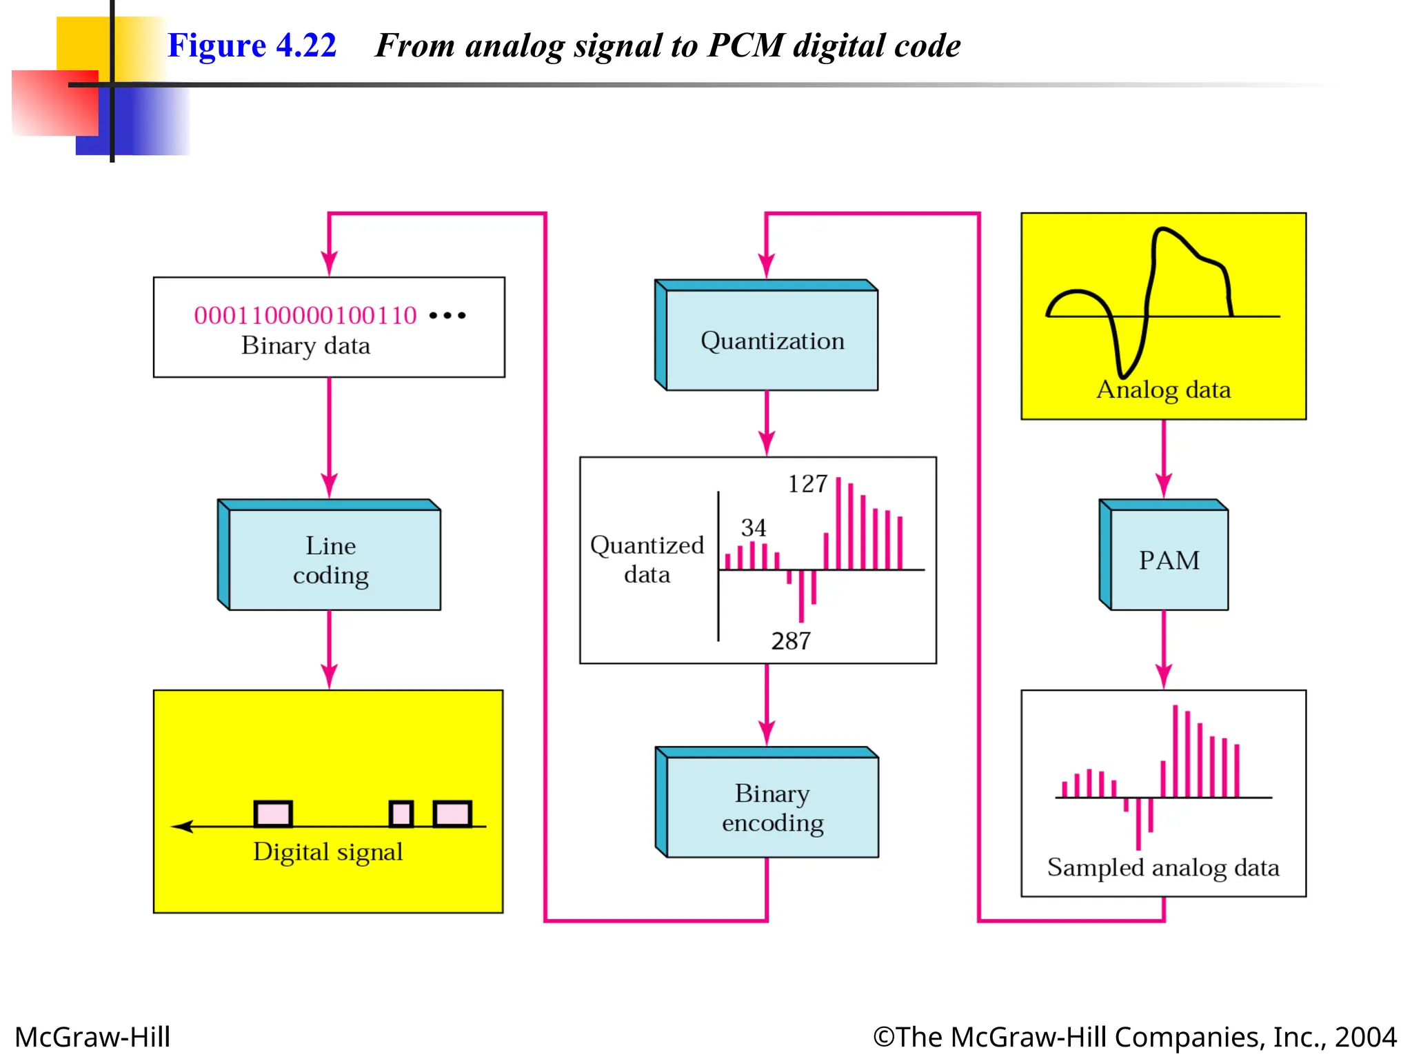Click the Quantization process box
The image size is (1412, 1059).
(771, 340)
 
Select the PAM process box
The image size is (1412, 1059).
(1169, 559)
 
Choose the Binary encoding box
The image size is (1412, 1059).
(771, 807)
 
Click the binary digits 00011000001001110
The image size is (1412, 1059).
(305, 315)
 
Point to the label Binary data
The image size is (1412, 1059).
(305, 345)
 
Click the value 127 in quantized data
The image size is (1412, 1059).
(807, 483)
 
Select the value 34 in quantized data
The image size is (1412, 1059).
(753, 527)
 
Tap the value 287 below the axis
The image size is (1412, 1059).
(790, 641)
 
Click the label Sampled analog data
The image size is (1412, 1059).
(1162, 867)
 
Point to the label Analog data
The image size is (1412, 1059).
(1163, 390)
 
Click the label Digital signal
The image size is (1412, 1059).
(327, 851)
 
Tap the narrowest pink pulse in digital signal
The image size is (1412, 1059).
(401, 814)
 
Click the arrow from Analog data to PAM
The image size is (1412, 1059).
(1163, 458)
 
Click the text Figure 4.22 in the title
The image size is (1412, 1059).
(252, 46)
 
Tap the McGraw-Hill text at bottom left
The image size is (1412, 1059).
(92, 1036)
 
